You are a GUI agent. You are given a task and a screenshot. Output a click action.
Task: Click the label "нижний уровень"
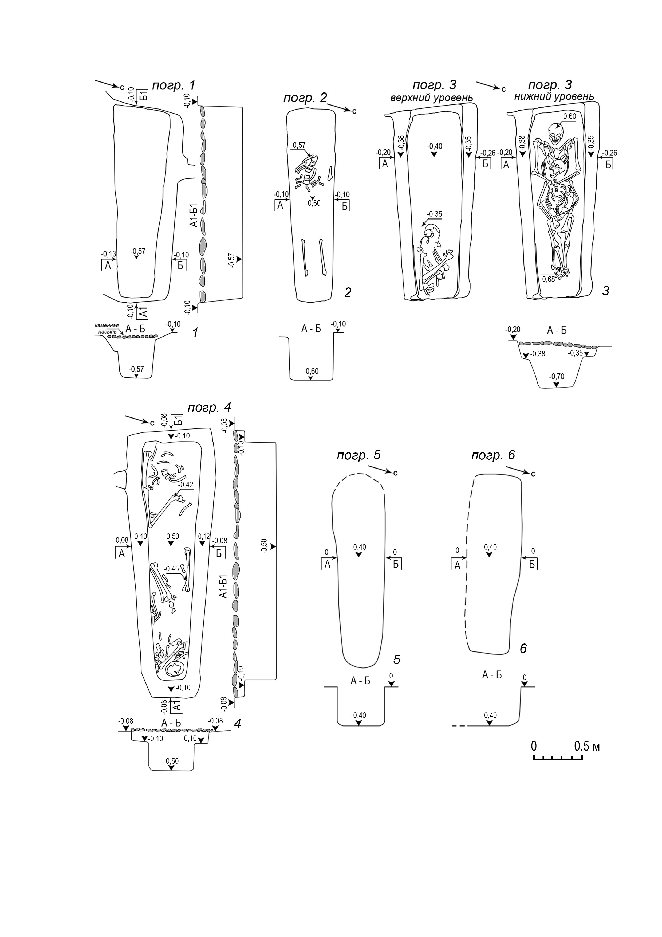(x=553, y=97)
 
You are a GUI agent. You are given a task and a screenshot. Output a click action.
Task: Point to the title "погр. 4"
(x=210, y=407)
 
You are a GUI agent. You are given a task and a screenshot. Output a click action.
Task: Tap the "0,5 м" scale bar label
(x=586, y=746)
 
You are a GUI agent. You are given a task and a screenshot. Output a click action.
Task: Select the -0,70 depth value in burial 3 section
(x=557, y=377)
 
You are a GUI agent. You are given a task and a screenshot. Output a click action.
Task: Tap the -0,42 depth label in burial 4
(x=186, y=485)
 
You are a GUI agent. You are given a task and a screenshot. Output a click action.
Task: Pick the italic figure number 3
(x=605, y=291)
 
